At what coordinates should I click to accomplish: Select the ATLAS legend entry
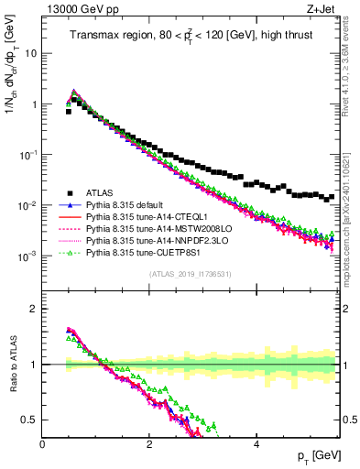coord(97,191)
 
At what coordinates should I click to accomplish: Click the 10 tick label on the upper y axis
coord(30,53)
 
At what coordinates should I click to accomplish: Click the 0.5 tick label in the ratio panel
coord(28,420)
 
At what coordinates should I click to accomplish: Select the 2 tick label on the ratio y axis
coord(33,309)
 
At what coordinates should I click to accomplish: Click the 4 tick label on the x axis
coord(256,444)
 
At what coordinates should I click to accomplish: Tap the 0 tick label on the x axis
coord(42,444)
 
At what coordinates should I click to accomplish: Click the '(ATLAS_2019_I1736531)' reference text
coord(189,274)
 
